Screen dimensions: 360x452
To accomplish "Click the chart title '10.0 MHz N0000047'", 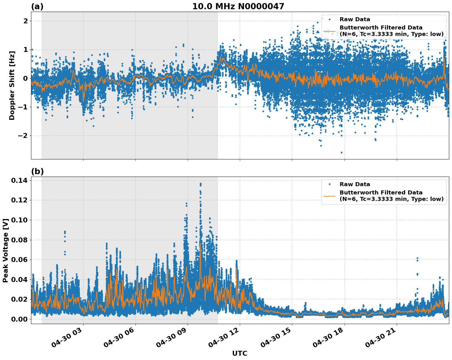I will click(238, 6).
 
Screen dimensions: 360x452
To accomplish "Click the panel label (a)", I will click(37, 6).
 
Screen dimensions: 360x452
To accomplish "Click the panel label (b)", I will click(37, 171).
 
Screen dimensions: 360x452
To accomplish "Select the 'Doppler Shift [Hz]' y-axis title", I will click(12, 85).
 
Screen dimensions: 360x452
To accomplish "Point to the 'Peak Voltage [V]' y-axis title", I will click(5, 250).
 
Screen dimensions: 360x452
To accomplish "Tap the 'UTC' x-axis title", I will click(240, 353).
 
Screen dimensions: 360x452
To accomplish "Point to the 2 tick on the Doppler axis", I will click(25, 21).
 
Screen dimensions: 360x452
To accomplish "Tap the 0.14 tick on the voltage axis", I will click(19, 180).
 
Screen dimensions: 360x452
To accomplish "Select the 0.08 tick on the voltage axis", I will click(19, 240).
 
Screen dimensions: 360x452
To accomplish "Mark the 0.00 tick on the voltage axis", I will click(19, 319).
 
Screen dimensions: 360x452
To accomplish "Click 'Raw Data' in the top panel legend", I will click(355, 19).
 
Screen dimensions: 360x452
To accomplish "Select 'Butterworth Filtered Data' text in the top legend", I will click(381, 28).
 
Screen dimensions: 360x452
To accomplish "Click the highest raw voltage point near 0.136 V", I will click(201, 184).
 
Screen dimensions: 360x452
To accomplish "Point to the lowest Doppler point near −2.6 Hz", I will click(341, 152).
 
